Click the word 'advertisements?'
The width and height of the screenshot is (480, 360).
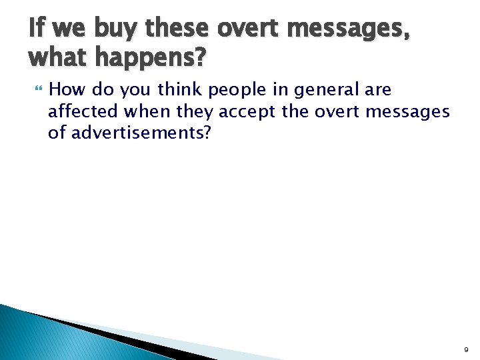pos(141,133)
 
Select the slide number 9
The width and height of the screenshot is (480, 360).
pos(466,349)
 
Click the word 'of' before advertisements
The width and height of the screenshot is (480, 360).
pos(57,133)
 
